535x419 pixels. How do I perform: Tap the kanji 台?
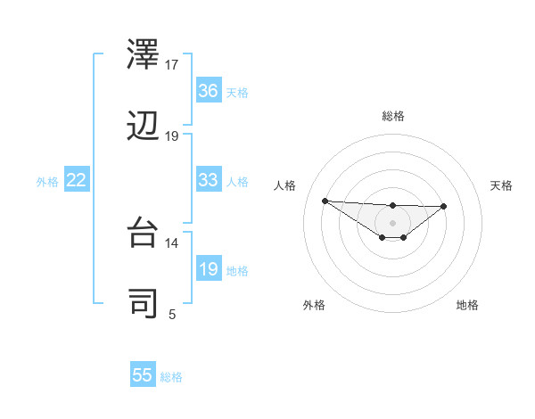click(144, 232)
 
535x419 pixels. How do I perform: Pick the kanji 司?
click(144, 303)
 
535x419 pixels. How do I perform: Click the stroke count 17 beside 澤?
click(172, 65)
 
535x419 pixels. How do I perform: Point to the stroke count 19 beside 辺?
click(172, 136)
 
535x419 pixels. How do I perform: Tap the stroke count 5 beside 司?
click(172, 314)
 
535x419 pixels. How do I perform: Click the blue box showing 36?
click(209, 91)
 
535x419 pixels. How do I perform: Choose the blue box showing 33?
click(209, 180)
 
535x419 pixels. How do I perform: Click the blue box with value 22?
click(77, 180)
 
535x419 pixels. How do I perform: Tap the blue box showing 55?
click(143, 375)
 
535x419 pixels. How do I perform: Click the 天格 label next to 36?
click(237, 93)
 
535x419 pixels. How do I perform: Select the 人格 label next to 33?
click(237, 182)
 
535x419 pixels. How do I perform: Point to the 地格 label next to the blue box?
click(237, 271)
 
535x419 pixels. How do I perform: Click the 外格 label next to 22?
click(47, 182)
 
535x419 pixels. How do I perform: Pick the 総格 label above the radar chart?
click(392, 116)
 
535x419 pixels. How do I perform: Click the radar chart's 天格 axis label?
click(502, 185)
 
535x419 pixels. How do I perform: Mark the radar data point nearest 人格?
click(325, 201)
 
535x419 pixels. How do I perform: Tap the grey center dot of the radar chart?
click(392, 222)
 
